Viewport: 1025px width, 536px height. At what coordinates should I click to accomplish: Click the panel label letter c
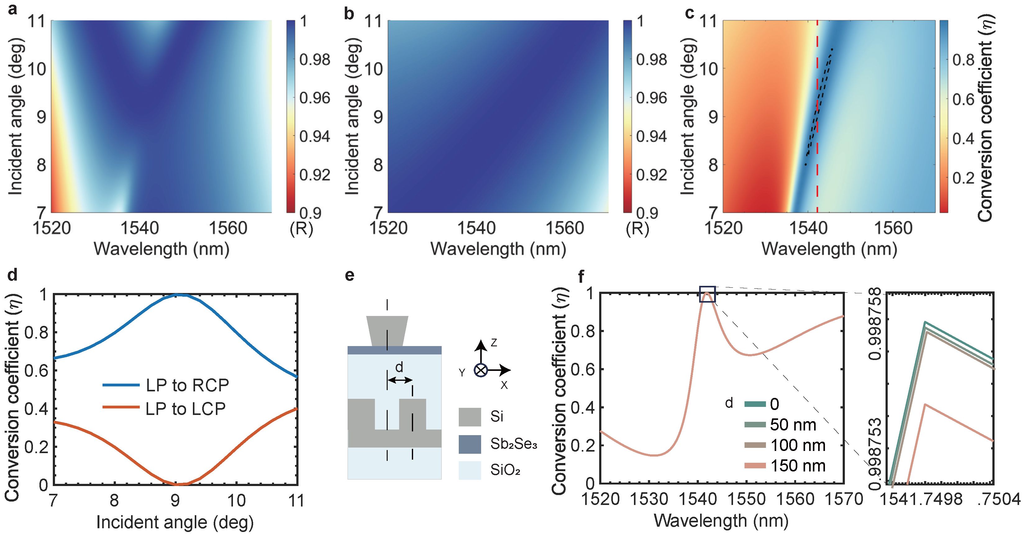690,13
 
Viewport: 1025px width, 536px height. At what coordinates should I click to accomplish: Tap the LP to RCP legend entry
187,385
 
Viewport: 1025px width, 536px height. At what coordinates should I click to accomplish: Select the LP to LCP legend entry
185,409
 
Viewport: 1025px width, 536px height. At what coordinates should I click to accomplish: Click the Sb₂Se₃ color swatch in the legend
470,444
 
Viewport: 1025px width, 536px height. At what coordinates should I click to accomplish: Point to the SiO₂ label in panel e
505,471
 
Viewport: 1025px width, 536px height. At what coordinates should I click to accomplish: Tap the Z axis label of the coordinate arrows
494,342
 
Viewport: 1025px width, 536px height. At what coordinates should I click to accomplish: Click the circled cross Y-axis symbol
481,371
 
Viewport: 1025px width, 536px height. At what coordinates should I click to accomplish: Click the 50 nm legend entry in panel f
793,425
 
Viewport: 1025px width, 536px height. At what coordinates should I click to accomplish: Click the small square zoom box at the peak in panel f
707,294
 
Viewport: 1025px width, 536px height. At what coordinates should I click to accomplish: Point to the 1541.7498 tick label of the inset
920,499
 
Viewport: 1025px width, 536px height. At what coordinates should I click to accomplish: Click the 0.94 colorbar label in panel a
314,136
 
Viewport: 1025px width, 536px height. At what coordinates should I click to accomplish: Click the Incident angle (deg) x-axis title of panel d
175,522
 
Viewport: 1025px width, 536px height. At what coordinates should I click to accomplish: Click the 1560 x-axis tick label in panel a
228,228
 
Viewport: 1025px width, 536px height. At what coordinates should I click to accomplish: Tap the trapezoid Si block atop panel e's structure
387,330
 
